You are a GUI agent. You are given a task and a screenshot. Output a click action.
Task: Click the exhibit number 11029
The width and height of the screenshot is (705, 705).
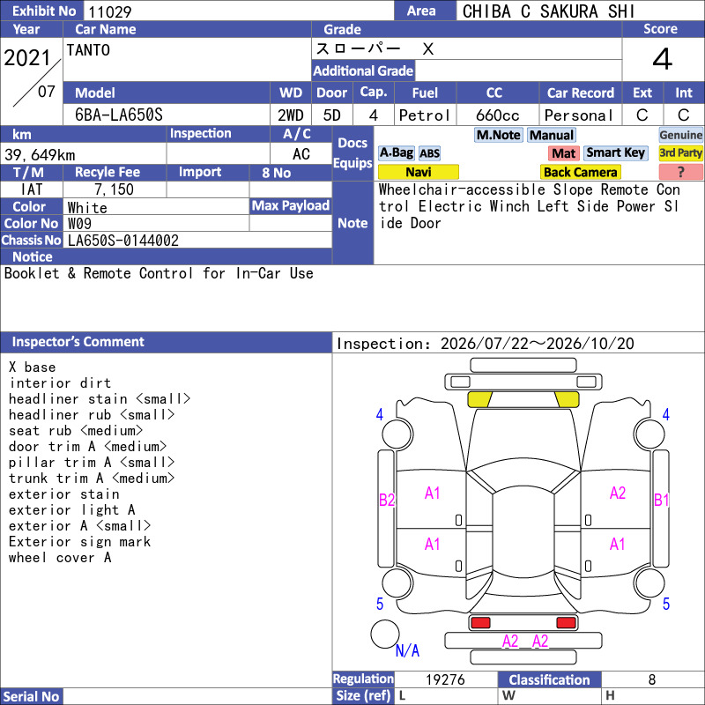click(x=109, y=11)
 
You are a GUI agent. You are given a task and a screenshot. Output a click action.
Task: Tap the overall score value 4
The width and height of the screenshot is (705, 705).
click(x=663, y=59)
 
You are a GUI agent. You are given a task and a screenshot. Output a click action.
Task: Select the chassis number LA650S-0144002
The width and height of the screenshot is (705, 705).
click(x=122, y=241)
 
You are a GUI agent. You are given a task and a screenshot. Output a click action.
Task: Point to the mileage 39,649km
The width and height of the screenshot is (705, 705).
click(x=40, y=155)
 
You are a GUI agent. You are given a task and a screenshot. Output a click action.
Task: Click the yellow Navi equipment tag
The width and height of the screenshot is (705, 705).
click(x=418, y=172)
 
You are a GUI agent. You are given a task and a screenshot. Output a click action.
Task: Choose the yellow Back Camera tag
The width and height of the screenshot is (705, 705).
click(x=580, y=172)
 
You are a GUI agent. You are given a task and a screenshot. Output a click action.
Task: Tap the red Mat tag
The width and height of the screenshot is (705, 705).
click(x=564, y=153)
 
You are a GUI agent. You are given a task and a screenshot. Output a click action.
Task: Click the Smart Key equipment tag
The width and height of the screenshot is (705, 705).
click(x=615, y=152)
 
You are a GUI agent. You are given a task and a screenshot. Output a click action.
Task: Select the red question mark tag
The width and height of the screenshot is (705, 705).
click(x=680, y=172)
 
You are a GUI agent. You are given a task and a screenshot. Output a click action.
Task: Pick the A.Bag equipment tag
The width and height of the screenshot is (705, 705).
click(x=396, y=152)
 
